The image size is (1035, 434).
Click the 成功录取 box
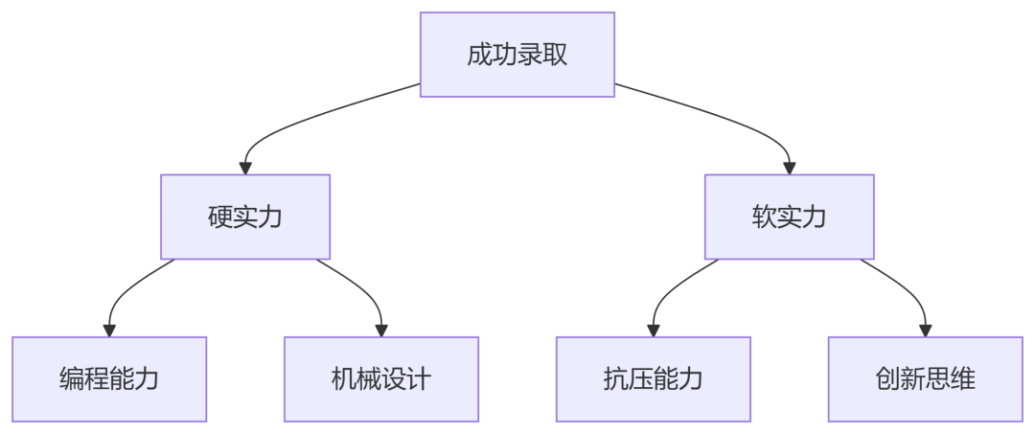point(517,55)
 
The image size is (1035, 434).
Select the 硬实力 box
point(245,217)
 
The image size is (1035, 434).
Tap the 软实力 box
point(790,217)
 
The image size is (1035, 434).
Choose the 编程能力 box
point(109,379)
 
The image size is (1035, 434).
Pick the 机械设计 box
point(381,379)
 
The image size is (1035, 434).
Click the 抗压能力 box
point(654,379)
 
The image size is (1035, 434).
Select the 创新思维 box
point(926,379)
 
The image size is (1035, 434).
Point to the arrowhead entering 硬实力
point(245,169)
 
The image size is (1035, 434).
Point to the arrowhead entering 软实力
point(790,169)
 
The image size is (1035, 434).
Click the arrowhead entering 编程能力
point(109,331)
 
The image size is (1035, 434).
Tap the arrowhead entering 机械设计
point(381,331)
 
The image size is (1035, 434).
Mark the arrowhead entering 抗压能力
point(654,331)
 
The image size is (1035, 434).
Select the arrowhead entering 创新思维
point(926,331)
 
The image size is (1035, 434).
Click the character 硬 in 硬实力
point(220,217)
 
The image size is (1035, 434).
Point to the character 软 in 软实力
point(765,217)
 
